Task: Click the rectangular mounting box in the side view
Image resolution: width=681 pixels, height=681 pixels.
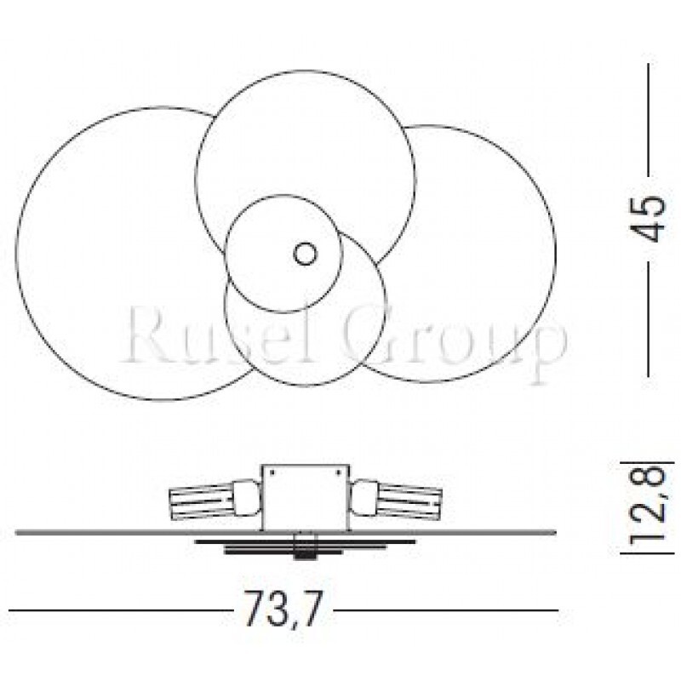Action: (x=306, y=497)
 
